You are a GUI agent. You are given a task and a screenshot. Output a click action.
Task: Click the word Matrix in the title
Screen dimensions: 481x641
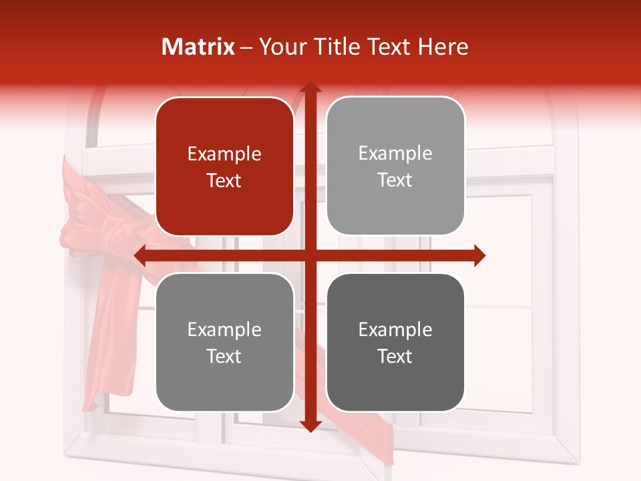pos(198,47)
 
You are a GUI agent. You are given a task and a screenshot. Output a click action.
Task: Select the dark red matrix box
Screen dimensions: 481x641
pos(224,166)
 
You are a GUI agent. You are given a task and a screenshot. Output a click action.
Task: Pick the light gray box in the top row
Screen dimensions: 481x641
pos(395,166)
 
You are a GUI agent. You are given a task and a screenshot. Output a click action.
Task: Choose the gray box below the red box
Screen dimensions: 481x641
pos(224,342)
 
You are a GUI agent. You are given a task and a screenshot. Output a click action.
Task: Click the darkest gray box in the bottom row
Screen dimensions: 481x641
pos(395,342)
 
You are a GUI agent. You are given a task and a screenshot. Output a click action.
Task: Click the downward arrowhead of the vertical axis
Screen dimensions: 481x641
pos(310,426)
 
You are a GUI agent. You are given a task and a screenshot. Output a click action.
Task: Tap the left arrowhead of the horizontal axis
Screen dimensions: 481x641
pos(140,255)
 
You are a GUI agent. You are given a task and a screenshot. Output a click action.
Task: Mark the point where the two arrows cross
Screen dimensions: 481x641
pos(310,255)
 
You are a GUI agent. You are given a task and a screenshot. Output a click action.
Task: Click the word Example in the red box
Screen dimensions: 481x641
pos(224,154)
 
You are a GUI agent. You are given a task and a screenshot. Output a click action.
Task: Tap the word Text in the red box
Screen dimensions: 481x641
pos(224,180)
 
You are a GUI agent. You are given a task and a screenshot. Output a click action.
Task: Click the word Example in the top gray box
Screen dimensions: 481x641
pos(395,154)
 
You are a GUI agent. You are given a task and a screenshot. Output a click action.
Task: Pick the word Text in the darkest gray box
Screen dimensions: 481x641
pos(395,356)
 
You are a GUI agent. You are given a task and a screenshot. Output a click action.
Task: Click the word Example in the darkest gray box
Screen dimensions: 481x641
pos(395,330)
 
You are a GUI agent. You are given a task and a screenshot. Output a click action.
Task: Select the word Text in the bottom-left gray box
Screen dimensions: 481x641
pos(224,356)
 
